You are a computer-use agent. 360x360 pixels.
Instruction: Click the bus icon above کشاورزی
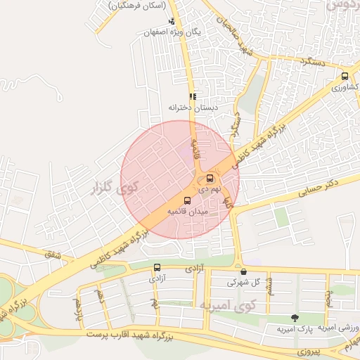(345, 77)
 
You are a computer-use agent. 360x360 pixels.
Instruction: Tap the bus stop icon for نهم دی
(210, 179)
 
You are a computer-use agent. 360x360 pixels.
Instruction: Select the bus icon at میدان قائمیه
(186, 200)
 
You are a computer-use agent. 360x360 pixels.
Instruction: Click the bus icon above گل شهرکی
(243, 271)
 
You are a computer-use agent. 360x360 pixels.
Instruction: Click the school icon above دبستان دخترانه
(192, 97)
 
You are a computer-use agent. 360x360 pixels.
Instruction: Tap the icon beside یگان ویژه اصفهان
(172, 21)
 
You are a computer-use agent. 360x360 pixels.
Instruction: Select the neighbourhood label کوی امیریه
(229, 307)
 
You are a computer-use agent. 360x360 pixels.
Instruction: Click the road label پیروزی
(307, 349)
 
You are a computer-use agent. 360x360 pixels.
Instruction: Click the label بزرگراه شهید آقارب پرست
(131, 336)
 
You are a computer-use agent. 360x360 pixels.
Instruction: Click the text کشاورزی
(345, 87)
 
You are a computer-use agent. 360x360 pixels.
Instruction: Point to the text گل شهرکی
(243, 282)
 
